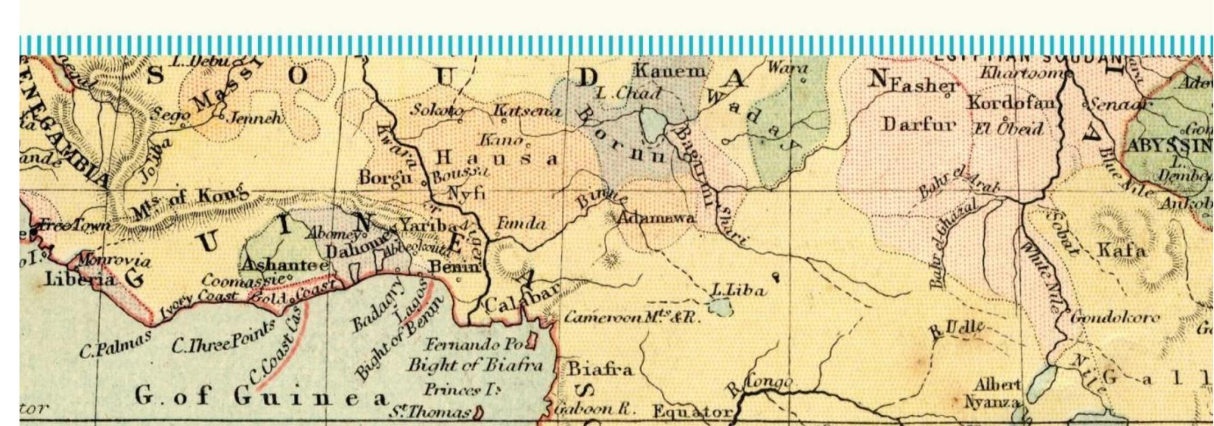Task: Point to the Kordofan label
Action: (x=1011, y=103)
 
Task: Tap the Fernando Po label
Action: (x=475, y=343)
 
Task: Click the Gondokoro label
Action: (x=1115, y=318)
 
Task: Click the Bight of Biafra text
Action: (x=475, y=365)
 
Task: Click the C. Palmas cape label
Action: (x=115, y=344)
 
